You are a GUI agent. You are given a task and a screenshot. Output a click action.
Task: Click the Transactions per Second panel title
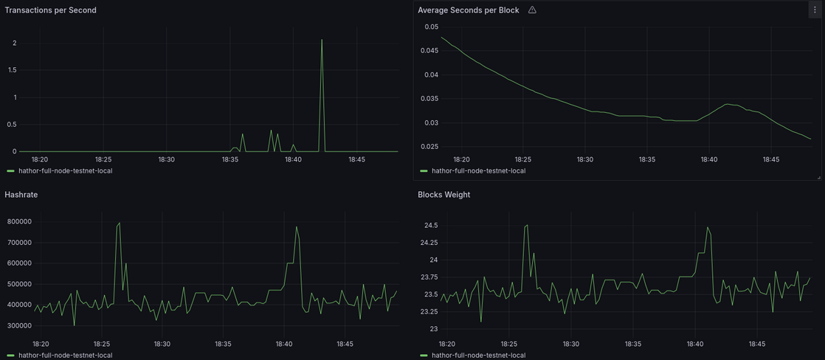point(50,10)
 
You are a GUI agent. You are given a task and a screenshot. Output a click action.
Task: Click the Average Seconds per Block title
point(468,10)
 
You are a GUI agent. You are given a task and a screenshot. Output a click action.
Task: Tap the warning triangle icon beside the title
point(532,10)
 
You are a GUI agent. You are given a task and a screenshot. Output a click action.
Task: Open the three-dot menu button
point(815,10)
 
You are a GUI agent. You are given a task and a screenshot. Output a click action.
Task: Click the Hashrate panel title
point(21,195)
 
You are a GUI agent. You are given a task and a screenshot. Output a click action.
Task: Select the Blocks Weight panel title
point(443,195)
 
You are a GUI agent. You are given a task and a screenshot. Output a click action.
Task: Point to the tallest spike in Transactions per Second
point(322,41)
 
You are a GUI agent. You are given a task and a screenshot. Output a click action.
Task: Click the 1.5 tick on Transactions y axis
point(12,70)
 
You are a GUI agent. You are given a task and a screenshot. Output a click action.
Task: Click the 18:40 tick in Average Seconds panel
point(709,159)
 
